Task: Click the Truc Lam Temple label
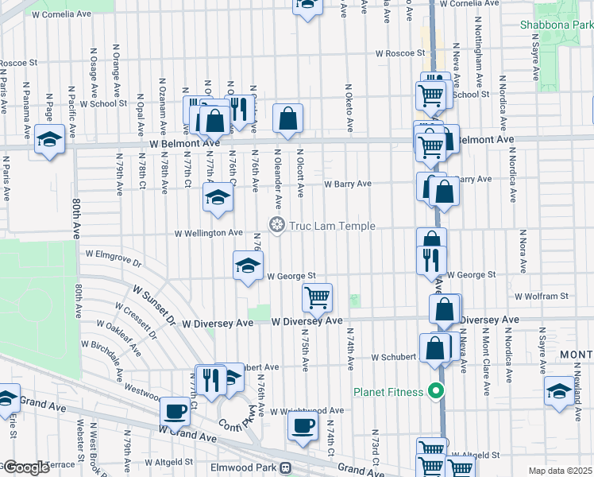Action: pos(333,226)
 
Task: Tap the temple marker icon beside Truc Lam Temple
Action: pos(277,226)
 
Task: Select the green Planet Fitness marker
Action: pos(435,390)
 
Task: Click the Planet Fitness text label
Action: pos(390,391)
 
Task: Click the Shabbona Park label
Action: pos(557,25)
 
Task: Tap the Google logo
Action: pos(25,467)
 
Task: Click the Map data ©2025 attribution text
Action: pos(560,471)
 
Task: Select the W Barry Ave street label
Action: pos(348,184)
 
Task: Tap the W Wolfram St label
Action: pos(542,296)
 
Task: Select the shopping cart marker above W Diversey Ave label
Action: pos(318,297)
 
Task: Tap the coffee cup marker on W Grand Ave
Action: pos(175,411)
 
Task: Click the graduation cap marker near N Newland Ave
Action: pos(557,389)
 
